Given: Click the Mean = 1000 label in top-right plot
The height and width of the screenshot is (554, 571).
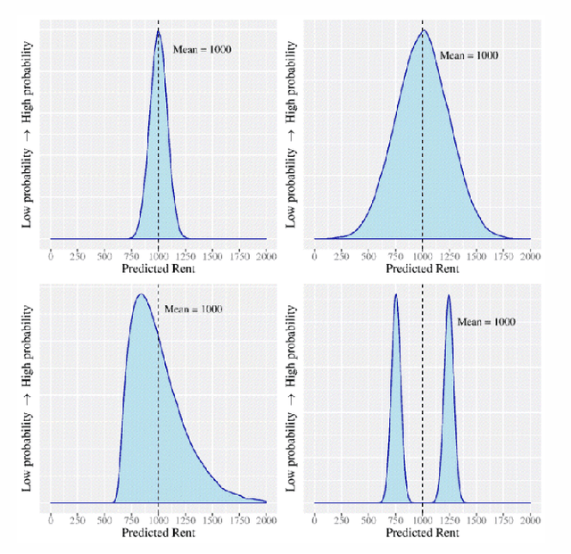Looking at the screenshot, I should pyautogui.click(x=468, y=55).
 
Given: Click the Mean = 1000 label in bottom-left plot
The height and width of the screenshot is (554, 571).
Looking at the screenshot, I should pyautogui.click(x=194, y=310).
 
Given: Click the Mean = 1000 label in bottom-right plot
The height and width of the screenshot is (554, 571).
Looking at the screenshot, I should pyautogui.click(x=486, y=322).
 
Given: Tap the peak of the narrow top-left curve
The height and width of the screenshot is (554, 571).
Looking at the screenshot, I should pyautogui.click(x=158, y=31).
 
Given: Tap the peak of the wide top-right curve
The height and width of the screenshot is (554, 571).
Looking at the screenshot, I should pyautogui.click(x=423, y=30).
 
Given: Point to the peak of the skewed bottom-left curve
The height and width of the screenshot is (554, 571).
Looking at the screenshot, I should pyautogui.click(x=139, y=294).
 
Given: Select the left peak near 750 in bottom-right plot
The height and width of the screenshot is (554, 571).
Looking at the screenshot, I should pyautogui.click(x=395, y=295).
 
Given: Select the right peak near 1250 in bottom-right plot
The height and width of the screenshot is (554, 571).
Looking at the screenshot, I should pyautogui.click(x=448, y=295).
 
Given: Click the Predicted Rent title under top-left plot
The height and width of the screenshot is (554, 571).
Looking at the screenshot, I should pyautogui.click(x=158, y=269).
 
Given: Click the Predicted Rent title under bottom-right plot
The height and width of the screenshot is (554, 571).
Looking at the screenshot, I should pyautogui.click(x=423, y=533).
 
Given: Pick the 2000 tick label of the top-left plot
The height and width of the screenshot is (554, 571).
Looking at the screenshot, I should pyautogui.click(x=266, y=256).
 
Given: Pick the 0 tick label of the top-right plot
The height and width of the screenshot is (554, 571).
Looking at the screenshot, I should pyautogui.click(x=314, y=256).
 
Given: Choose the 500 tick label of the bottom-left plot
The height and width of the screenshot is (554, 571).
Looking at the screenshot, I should pyautogui.click(x=104, y=520).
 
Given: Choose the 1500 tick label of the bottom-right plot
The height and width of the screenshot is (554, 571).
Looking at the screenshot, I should pyautogui.click(x=476, y=520).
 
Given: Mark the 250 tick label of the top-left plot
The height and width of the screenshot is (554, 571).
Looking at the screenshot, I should pyautogui.click(x=78, y=256).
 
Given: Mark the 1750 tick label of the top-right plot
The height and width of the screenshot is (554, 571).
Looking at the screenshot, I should pyautogui.click(x=503, y=256).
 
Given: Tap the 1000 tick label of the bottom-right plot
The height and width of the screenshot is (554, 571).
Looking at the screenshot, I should pyautogui.click(x=423, y=520).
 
